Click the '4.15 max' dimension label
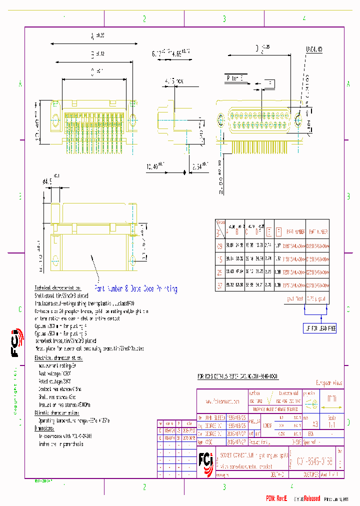coord(173,80)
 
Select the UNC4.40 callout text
coord(314,49)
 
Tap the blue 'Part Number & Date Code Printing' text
coord(135,288)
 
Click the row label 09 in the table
coord(218,245)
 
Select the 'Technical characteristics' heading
coord(57,288)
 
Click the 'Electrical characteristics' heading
coord(58,358)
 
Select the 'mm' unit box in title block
coord(331,399)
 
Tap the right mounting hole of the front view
coord(299,120)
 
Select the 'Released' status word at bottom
coord(308,498)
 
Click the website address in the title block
coord(222,401)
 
